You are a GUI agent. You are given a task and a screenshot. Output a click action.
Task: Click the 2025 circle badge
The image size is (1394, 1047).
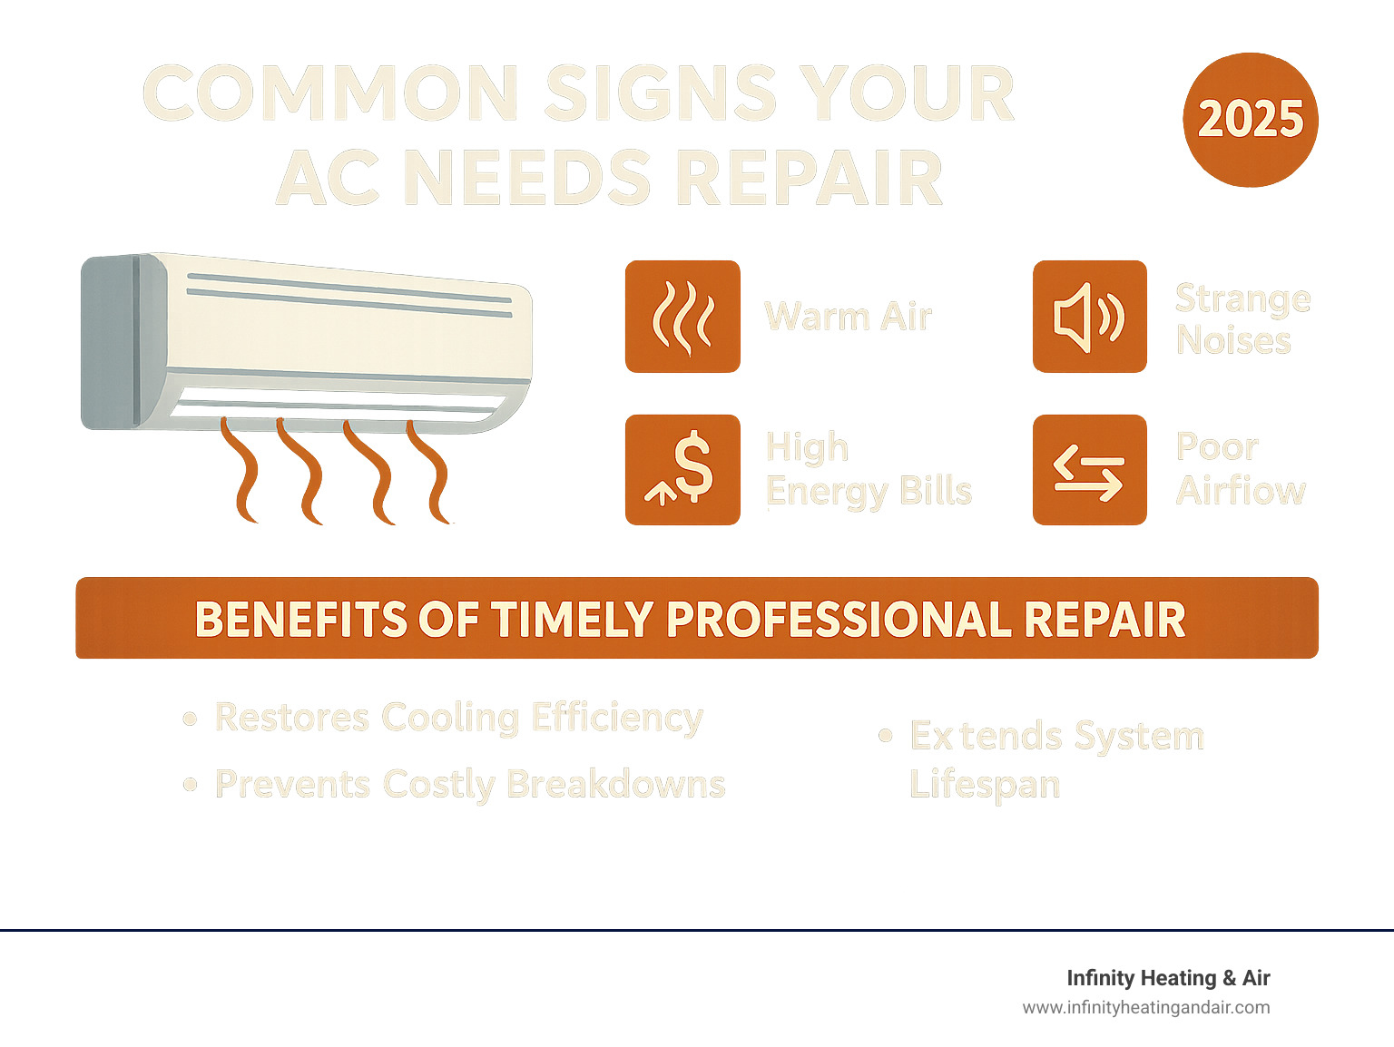tap(1250, 120)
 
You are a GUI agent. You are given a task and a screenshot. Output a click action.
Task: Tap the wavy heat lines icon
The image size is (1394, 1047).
tap(682, 317)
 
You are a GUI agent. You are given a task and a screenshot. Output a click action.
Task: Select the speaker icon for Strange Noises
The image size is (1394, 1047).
tap(1089, 317)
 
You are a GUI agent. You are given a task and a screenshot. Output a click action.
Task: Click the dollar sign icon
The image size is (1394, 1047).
tap(682, 469)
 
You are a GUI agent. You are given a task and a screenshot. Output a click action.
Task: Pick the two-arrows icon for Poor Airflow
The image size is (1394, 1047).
tap(1089, 470)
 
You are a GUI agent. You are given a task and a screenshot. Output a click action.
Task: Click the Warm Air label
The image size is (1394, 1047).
tap(848, 317)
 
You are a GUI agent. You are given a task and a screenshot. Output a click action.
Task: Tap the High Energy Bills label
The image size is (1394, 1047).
tap(868, 469)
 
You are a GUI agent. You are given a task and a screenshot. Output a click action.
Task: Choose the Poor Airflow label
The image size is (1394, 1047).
tap(1240, 469)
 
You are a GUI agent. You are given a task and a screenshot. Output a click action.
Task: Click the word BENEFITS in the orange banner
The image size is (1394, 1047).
tap(299, 620)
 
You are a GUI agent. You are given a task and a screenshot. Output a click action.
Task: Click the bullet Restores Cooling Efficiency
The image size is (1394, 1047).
tap(458, 718)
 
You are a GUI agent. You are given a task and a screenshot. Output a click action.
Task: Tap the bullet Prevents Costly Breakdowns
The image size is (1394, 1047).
tap(469, 785)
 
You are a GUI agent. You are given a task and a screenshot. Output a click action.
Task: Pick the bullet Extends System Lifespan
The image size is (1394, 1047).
tap(1055, 758)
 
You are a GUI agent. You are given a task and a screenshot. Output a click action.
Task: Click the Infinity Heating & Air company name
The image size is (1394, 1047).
tap(1167, 978)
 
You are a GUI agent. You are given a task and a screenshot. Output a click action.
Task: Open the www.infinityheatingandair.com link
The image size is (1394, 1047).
tap(1145, 1007)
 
